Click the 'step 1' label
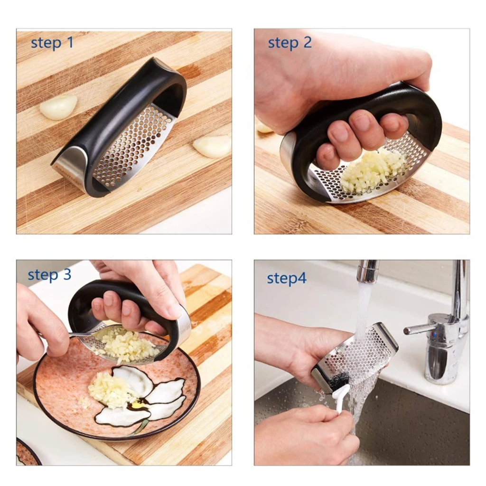coord(52,43)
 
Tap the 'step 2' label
coord(290,43)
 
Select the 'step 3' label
coord(49,275)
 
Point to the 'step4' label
coord(287,279)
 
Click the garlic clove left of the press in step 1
coord(58,107)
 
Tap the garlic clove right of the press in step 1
coord(212,146)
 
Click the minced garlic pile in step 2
coord(370,171)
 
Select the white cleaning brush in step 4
coord(341,396)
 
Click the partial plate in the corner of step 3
coord(26,453)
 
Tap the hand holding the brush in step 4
coord(304,434)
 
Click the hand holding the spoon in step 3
coord(40,323)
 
